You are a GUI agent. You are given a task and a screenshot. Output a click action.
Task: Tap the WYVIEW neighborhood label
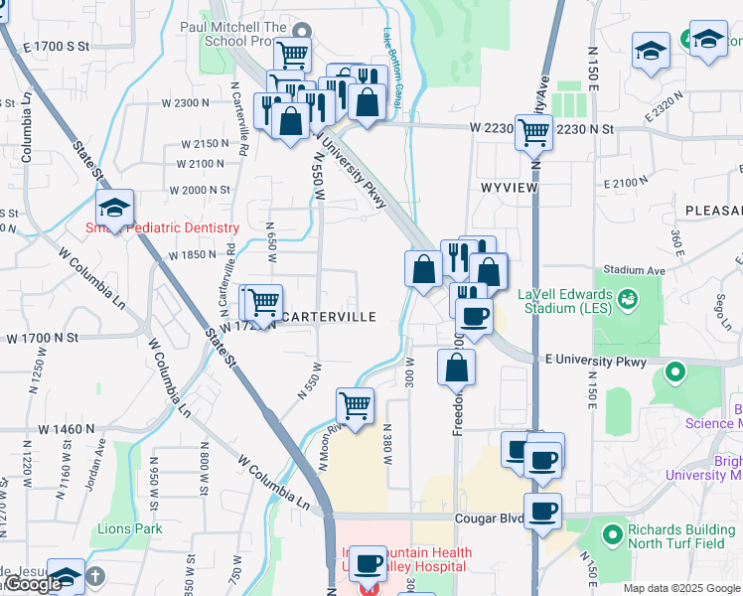point(509,188)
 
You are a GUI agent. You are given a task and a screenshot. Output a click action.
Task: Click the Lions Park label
point(130,528)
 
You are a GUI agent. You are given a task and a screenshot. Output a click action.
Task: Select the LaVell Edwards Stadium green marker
point(627,297)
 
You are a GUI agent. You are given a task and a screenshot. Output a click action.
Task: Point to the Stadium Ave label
point(634,269)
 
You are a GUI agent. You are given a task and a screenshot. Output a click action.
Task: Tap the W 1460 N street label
point(66,429)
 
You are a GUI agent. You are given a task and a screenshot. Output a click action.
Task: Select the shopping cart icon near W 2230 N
point(534,130)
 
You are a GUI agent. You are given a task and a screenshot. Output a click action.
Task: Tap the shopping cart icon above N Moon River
point(355,405)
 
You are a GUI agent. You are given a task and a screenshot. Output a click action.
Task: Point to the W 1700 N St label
point(42,339)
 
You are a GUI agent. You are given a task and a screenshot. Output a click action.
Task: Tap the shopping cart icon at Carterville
point(263,300)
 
